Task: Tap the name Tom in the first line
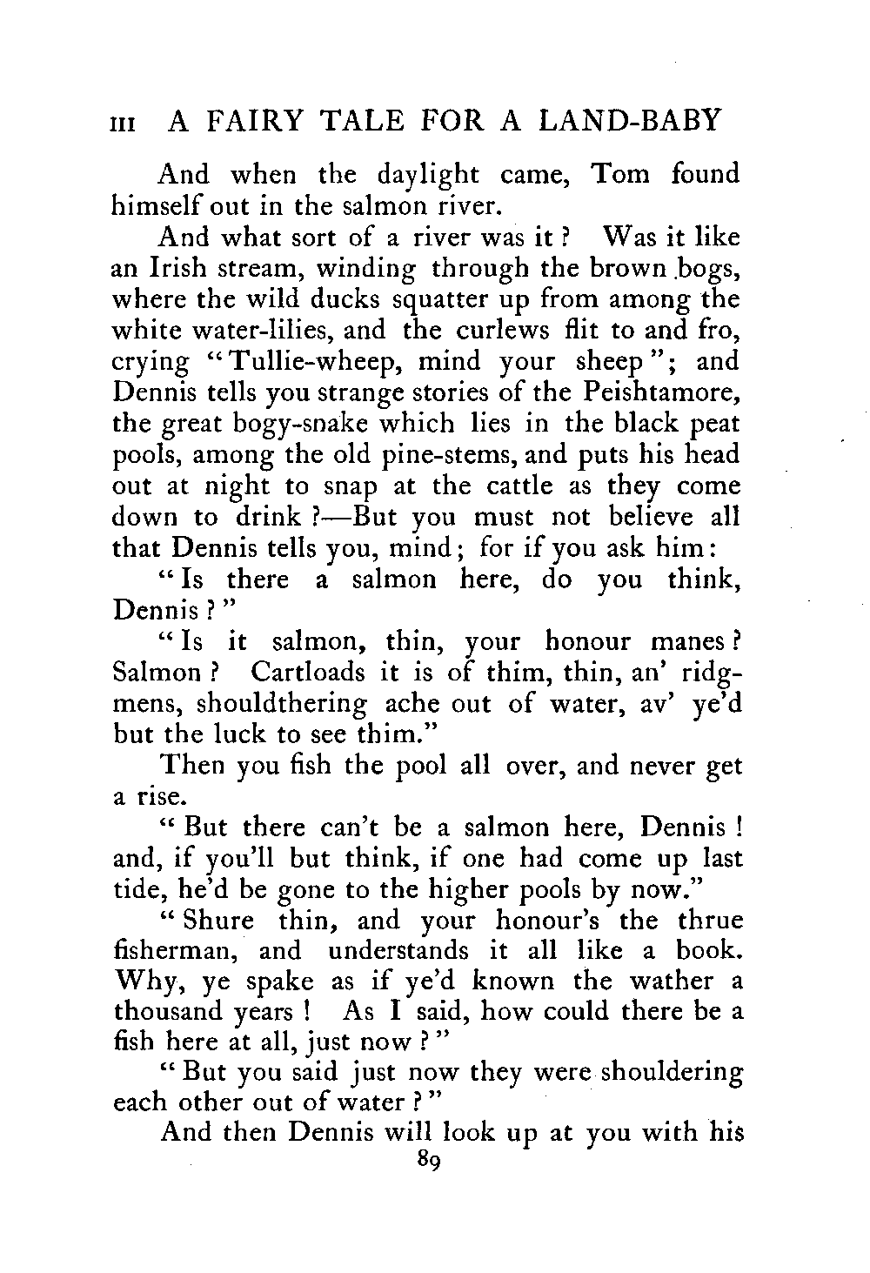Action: pyautogui.click(x=619, y=174)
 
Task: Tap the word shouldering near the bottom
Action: pyautogui.click(x=667, y=1074)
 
